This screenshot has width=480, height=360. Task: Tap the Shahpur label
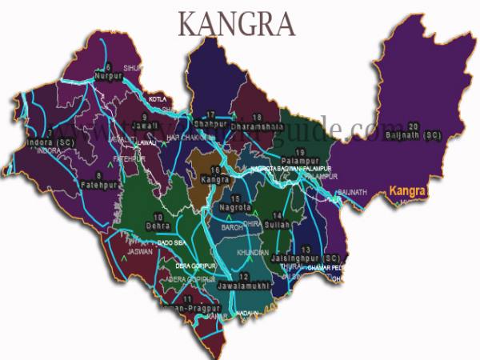210,124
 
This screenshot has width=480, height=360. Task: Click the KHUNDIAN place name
253,251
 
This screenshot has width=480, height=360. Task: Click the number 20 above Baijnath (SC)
413,126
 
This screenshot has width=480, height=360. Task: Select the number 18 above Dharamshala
256,118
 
